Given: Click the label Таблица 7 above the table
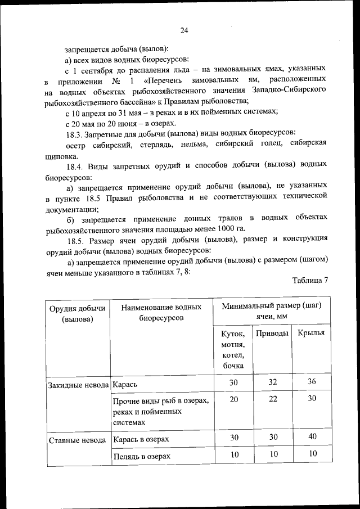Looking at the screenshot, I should (x=310, y=280).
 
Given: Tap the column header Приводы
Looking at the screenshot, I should (x=272, y=334).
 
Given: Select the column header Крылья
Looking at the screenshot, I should (x=310, y=334).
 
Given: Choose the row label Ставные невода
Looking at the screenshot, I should (x=77, y=439).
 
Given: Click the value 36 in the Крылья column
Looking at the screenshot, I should (x=312, y=382).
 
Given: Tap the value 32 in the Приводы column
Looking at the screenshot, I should (x=273, y=382).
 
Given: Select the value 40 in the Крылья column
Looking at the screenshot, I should (x=312, y=437).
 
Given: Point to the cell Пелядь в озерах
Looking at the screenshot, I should (x=142, y=456).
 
